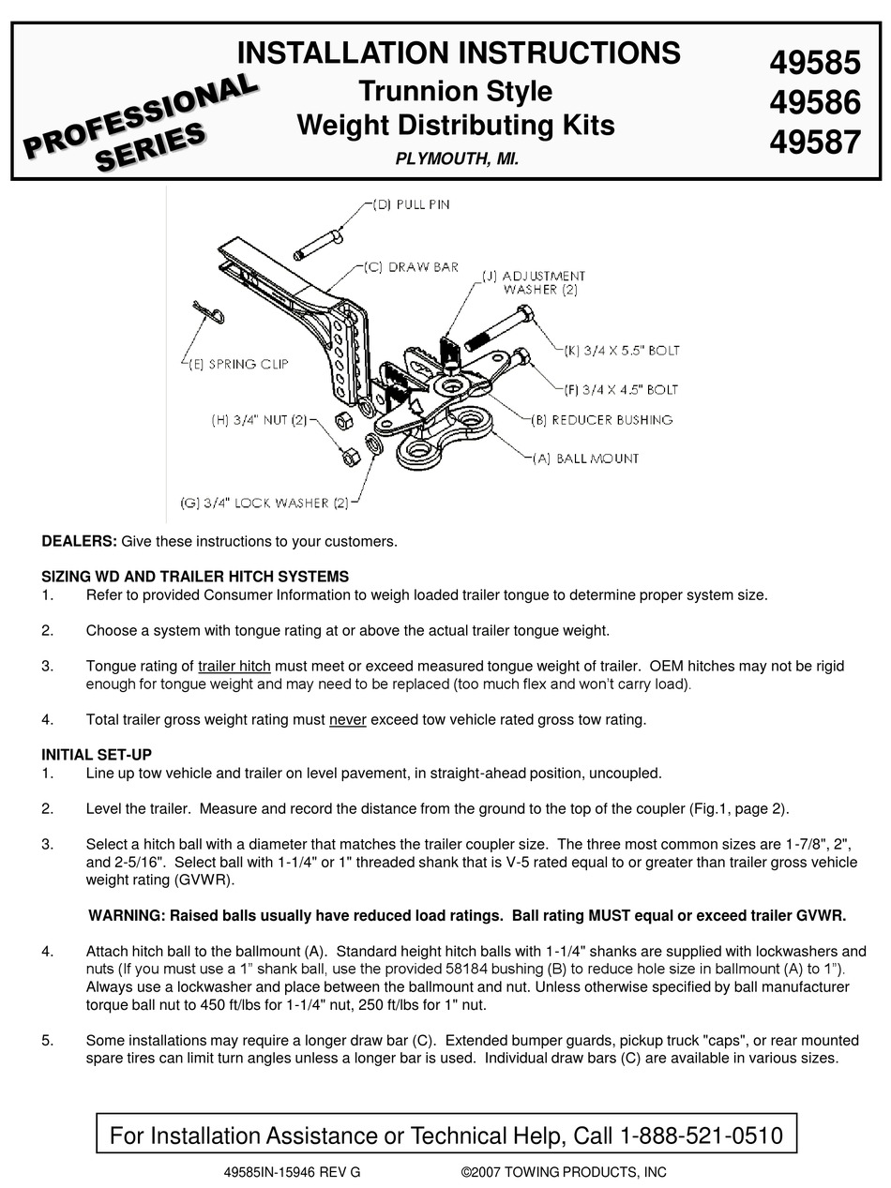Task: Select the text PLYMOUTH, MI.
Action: click(x=457, y=160)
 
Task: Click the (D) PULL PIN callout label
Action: click(x=410, y=204)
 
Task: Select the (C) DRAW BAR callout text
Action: click(x=411, y=267)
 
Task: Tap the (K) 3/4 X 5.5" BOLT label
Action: click(x=621, y=351)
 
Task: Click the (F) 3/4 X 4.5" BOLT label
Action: click(x=621, y=389)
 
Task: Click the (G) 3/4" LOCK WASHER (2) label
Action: click(x=264, y=503)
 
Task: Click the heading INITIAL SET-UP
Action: click(x=97, y=755)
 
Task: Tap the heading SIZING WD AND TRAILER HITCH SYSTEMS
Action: click(x=195, y=577)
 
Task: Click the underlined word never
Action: click(x=347, y=720)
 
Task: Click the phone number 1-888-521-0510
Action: click(x=702, y=1136)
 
